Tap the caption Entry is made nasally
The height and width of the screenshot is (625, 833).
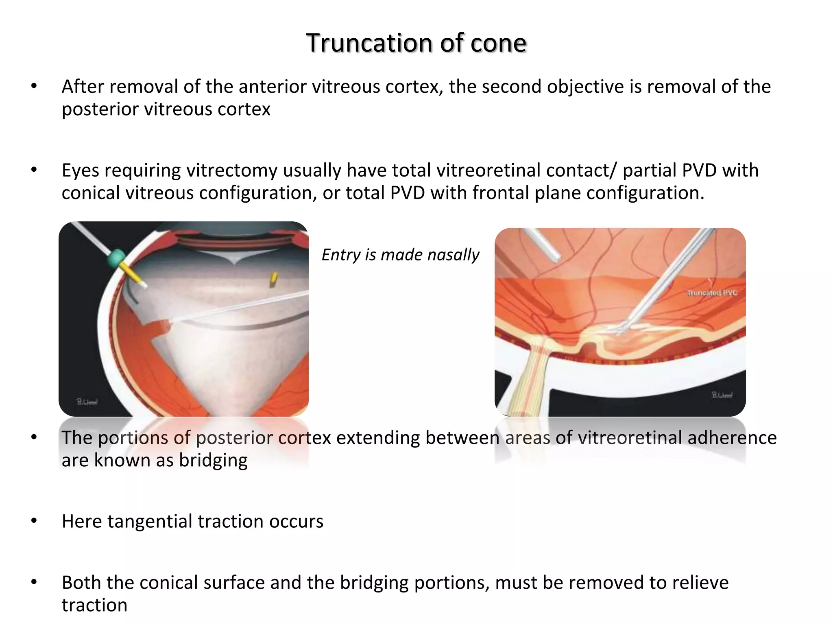(400, 255)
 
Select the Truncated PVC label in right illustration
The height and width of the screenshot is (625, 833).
(712, 293)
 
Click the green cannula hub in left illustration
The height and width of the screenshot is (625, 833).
(116, 258)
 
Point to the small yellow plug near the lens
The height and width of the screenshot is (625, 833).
(274, 278)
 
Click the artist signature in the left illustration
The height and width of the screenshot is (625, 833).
(87, 402)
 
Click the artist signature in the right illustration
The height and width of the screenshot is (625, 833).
(722, 395)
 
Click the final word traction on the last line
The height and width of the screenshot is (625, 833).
(94, 605)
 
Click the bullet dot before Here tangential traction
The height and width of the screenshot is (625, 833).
(34, 521)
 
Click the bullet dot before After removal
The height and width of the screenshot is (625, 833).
(34, 86)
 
